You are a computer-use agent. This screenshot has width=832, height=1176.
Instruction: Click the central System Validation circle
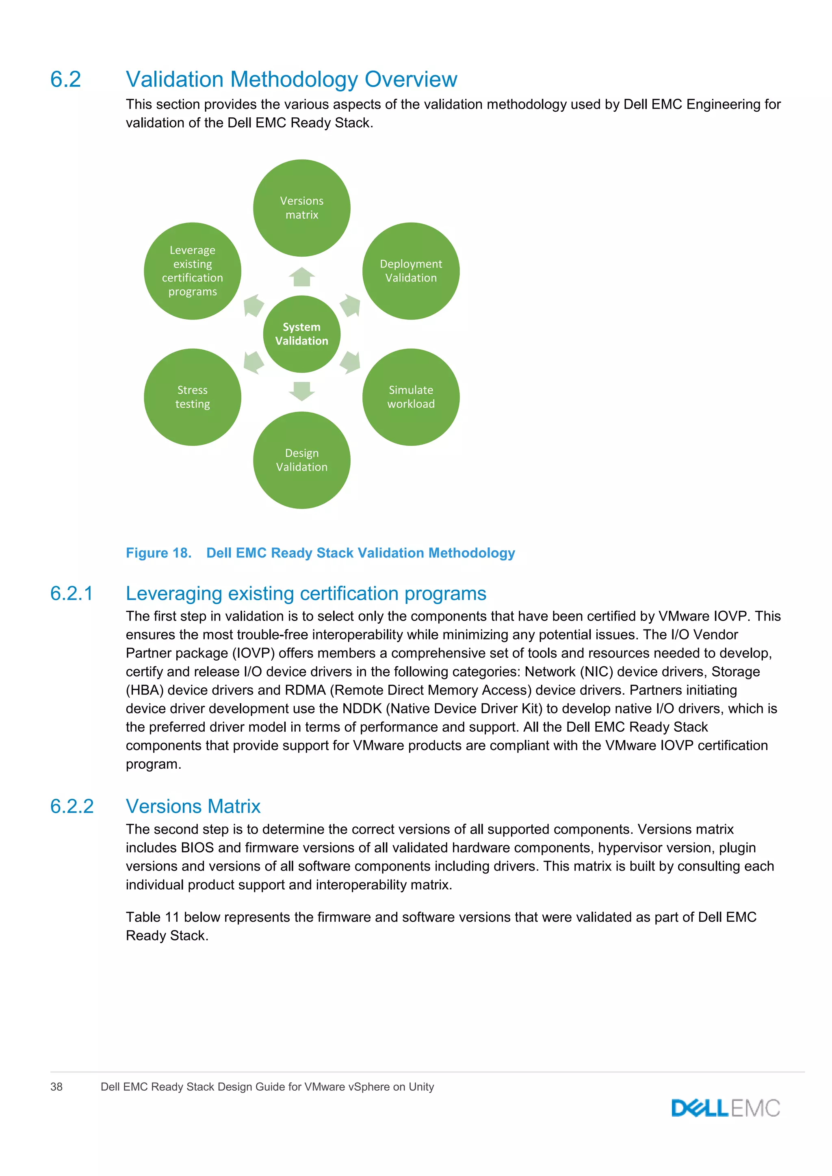[x=302, y=334]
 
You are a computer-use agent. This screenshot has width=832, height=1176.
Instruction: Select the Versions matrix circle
[x=302, y=208]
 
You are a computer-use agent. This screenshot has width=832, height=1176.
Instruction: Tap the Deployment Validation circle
[x=411, y=271]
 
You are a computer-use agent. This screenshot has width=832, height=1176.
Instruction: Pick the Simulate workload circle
[x=411, y=397]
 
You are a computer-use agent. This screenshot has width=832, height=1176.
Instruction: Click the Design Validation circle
[x=302, y=460]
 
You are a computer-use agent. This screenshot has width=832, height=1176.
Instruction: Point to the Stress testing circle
[x=193, y=397]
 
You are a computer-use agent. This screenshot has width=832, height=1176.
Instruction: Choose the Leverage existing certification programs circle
[x=193, y=271]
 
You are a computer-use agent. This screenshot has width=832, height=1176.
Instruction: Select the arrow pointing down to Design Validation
[x=302, y=391]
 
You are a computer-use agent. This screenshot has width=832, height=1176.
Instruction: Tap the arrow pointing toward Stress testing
[x=253, y=363]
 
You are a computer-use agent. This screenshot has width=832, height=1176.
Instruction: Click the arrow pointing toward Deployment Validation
[x=351, y=306]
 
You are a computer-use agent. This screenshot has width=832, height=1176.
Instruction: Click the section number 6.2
[x=65, y=80]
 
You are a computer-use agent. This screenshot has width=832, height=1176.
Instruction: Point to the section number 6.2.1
[x=72, y=593]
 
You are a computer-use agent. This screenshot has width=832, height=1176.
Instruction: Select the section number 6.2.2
[x=72, y=806]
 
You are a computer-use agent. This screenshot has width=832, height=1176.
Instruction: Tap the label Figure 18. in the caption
[x=158, y=553]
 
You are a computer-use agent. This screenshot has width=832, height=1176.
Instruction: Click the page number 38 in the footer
[x=56, y=1087]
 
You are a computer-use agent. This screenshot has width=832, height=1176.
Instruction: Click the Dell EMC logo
[x=726, y=1109]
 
